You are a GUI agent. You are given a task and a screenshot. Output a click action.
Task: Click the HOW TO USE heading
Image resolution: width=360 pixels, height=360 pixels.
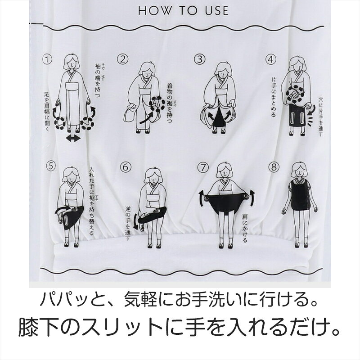(x=183, y=11)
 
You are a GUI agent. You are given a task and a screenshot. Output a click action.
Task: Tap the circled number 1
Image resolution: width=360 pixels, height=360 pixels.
(x=47, y=59)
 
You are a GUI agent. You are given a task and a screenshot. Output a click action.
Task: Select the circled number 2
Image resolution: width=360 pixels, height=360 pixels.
(x=123, y=59)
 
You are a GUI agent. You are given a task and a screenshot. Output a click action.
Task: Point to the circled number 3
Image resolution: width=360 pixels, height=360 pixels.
(x=199, y=59)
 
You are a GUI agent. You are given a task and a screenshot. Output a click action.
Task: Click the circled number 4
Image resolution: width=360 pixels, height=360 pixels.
(x=271, y=59)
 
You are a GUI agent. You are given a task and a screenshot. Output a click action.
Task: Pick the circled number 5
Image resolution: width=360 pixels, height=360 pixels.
(x=51, y=166)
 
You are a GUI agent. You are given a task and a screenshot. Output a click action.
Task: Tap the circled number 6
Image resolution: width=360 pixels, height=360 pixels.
(x=126, y=167)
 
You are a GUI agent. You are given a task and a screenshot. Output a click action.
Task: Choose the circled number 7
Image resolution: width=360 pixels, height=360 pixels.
(x=203, y=167)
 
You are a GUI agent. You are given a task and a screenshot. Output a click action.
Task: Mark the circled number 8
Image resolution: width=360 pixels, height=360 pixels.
(x=274, y=167)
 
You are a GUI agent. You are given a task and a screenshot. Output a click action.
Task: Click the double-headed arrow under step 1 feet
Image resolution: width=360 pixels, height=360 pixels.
(x=73, y=139)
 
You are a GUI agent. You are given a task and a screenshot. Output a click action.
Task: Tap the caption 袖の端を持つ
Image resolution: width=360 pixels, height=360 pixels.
(x=98, y=81)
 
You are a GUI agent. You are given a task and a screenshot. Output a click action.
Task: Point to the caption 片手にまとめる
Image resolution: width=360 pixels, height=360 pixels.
(x=274, y=97)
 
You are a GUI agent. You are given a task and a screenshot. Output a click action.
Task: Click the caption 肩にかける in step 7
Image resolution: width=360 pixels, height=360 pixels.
(x=245, y=229)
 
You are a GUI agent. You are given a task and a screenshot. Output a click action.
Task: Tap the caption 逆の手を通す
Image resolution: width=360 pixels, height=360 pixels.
(x=128, y=223)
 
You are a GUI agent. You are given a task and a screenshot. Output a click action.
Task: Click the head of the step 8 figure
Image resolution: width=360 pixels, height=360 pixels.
(x=299, y=171)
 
